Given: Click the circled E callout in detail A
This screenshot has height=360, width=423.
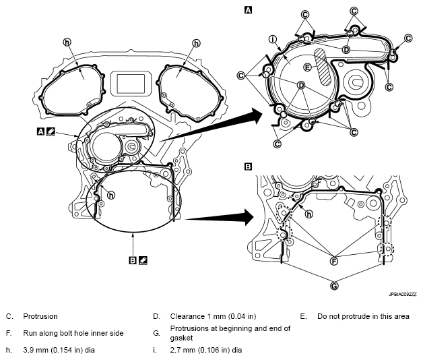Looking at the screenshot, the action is (308, 67).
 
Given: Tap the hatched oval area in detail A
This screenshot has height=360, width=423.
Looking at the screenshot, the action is (323, 67).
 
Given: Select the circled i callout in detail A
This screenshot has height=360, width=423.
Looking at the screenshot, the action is (273, 39).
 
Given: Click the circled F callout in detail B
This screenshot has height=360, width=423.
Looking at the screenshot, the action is (334, 261).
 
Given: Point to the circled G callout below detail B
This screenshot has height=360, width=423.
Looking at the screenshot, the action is (334, 286).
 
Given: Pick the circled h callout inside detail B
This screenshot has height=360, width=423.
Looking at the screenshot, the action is (309, 214).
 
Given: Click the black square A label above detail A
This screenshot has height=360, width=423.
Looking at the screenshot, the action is (248, 10).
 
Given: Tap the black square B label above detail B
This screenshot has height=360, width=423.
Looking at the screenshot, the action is (248, 167).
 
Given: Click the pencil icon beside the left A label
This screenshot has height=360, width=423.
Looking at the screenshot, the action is (51, 131).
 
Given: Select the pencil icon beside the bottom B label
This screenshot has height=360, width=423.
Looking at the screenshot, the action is (143, 260).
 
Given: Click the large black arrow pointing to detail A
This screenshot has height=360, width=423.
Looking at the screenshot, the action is (210, 127).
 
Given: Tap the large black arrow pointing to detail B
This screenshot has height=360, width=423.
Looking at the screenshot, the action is (219, 217).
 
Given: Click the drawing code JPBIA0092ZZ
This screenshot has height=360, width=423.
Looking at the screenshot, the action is (403, 295).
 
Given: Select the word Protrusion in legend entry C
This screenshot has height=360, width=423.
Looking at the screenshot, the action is (40, 316).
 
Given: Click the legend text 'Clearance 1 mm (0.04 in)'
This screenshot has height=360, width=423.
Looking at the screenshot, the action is (213, 316).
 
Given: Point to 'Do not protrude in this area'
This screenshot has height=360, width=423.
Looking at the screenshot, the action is (363, 316).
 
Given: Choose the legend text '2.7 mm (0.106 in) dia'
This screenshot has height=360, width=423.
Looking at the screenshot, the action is (206, 351).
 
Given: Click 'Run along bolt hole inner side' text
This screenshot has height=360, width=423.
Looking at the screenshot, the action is (73, 333).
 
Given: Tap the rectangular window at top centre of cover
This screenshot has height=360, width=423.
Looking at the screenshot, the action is (131, 83).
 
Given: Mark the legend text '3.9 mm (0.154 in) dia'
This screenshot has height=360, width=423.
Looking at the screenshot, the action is (59, 351).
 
